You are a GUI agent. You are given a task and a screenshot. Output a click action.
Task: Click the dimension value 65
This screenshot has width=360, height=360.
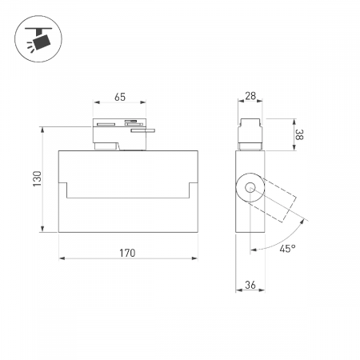tap(120, 97)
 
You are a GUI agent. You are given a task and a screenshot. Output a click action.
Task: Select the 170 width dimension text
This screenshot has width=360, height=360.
tap(127, 253)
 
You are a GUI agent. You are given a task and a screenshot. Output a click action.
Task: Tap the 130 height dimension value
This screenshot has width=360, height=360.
tap(38, 178)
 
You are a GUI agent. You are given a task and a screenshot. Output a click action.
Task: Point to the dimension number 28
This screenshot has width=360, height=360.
tap(250, 96)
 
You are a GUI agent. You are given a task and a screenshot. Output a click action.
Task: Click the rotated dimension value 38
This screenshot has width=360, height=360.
tap(299, 134)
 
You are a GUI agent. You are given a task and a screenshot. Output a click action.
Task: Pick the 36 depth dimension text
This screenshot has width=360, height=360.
tap(250, 285)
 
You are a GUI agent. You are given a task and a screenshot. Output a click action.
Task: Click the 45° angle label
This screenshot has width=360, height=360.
tap(287, 249)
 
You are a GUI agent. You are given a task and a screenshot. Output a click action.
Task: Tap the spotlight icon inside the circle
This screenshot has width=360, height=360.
tap(38, 39)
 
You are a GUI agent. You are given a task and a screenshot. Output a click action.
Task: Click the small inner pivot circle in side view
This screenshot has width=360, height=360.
tap(250, 187)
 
